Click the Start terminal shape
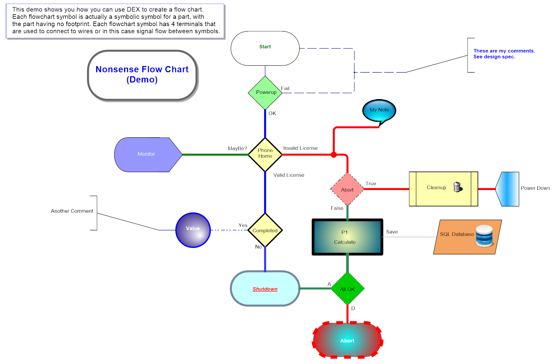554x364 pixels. tap(265, 48)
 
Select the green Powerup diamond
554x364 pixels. tap(265, 92)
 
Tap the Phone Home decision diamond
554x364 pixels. tap(265, 154)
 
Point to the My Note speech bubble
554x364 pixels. tap(379, 110)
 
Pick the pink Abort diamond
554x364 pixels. tap(347, 189)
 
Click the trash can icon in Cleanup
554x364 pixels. tap(457, 187)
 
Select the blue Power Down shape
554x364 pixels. tap(508, 189)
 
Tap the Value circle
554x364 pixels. tap(193, 230)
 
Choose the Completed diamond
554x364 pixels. tap(265, 230)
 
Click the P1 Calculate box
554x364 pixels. tap(347, 237)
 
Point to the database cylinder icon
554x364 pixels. tap(484, 236)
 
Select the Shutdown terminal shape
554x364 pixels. tap(265, 289)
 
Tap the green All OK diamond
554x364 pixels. tap(347, 289)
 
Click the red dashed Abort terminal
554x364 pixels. tap(347, 340)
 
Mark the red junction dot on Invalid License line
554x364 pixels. tap(334, 155)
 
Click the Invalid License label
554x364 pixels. tap(300, 148)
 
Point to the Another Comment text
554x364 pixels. tap(72, 211)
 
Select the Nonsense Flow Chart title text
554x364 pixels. tap(142, 74)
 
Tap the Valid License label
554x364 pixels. tap(289, 175)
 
